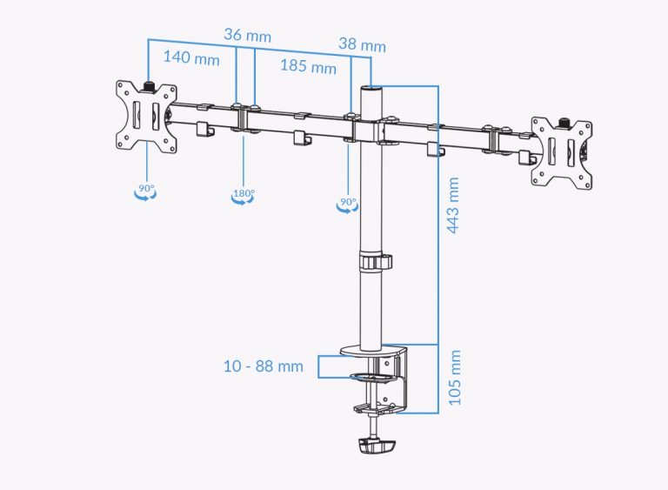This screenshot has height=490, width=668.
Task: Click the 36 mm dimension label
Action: (247, 37)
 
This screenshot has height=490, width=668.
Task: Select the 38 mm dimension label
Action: (361, 45)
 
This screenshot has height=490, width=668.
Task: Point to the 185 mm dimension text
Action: (308, 66)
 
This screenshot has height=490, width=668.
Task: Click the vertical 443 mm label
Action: (452, 205)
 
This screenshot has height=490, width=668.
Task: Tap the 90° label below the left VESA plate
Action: (144, 187)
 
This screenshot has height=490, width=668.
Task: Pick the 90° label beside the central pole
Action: (348, 202)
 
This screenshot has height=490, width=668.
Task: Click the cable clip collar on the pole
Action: (373, 262)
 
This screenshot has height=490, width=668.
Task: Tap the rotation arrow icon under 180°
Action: (243, 201)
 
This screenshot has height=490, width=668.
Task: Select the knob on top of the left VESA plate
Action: (148, 86)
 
